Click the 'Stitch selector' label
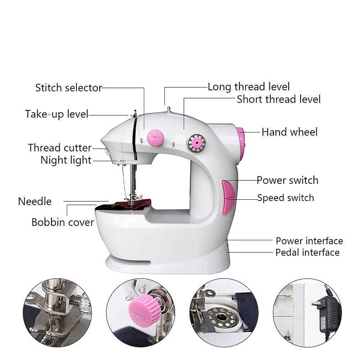[68, 88]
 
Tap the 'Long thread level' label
[248, 87]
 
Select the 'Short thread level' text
[278, 100]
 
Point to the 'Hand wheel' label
[289, 132]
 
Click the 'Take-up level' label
[56, 114]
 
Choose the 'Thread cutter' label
[59, 148]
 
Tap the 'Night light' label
[66, 160]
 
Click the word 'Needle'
[35, 202]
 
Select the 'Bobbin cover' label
[62, 223]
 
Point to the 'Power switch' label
[287, 180]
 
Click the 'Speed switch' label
[285, 198]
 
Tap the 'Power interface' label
[309, 241]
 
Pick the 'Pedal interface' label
[307, 253]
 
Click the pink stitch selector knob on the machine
[156, 138]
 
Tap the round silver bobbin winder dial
[196, 143]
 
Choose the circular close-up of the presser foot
[58, 313]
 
